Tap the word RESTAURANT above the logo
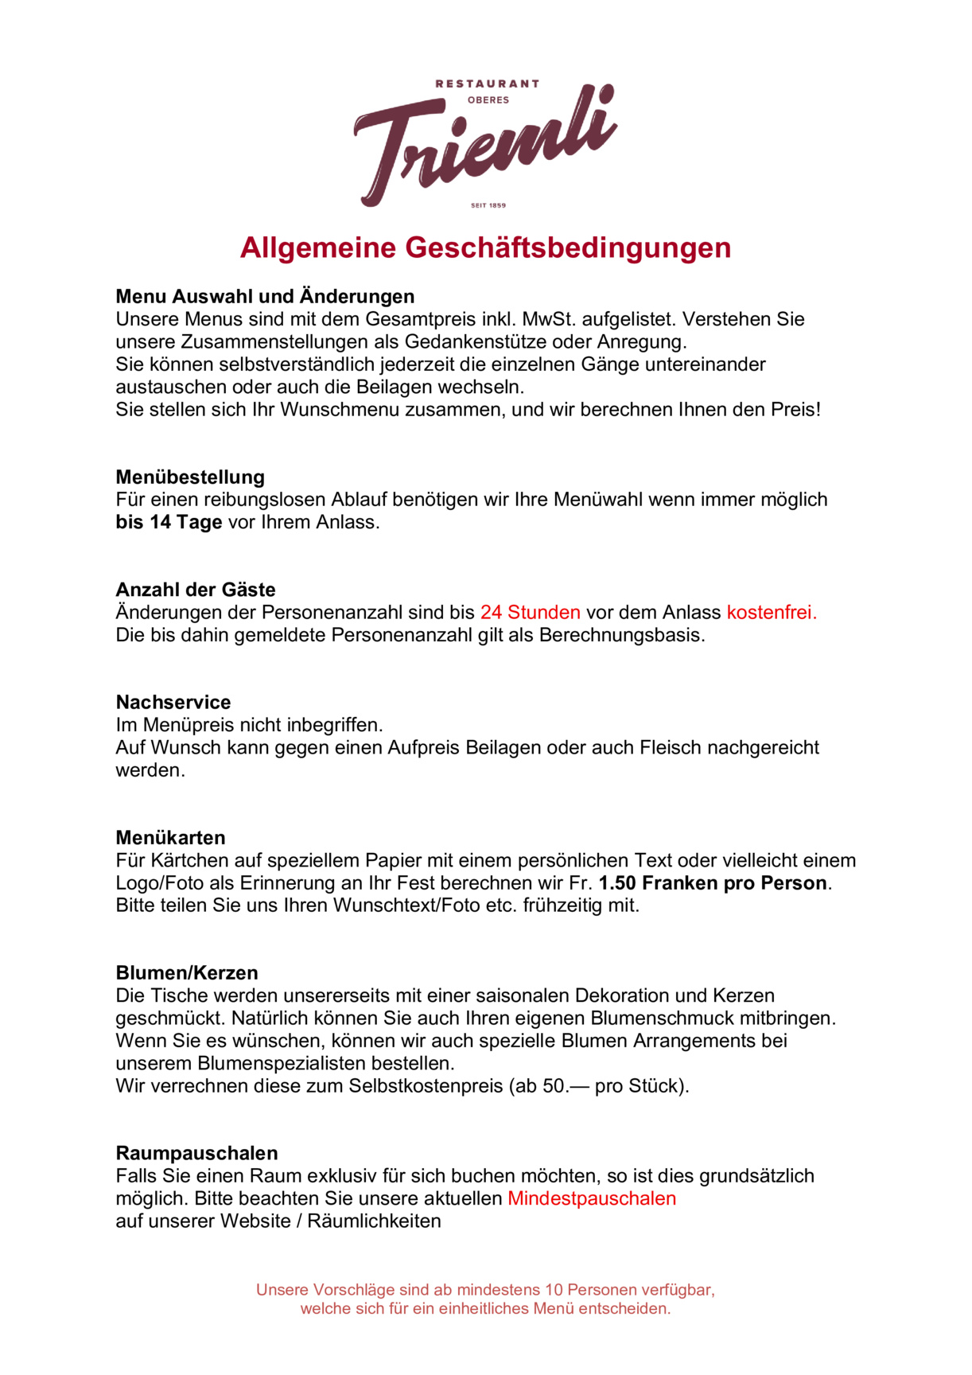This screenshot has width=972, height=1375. (487, 84)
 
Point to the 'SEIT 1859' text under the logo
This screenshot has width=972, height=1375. (488, 205)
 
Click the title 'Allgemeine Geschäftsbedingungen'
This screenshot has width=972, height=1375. (485, 247)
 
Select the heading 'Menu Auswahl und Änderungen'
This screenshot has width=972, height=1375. (265, 297)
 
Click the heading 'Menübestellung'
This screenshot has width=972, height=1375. (190, 477)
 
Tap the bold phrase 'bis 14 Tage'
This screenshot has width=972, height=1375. (169, 523)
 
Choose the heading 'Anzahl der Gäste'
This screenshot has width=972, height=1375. (196, 590)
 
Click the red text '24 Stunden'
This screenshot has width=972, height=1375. (530, 613)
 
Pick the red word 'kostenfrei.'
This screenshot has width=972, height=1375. (772, 613)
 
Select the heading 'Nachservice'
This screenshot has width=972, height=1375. (173, 703)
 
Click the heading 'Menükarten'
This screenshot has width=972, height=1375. (170, 838)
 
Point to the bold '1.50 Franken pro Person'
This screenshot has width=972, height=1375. (713, 883)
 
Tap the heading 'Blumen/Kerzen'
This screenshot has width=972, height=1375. (187, 973)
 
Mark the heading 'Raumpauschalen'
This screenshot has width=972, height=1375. (196, 1154)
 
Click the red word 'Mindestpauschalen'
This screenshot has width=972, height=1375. (592, 1199)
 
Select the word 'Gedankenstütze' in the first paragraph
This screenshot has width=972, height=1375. (472, 342)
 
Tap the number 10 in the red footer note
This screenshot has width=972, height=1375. (553, 1290)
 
